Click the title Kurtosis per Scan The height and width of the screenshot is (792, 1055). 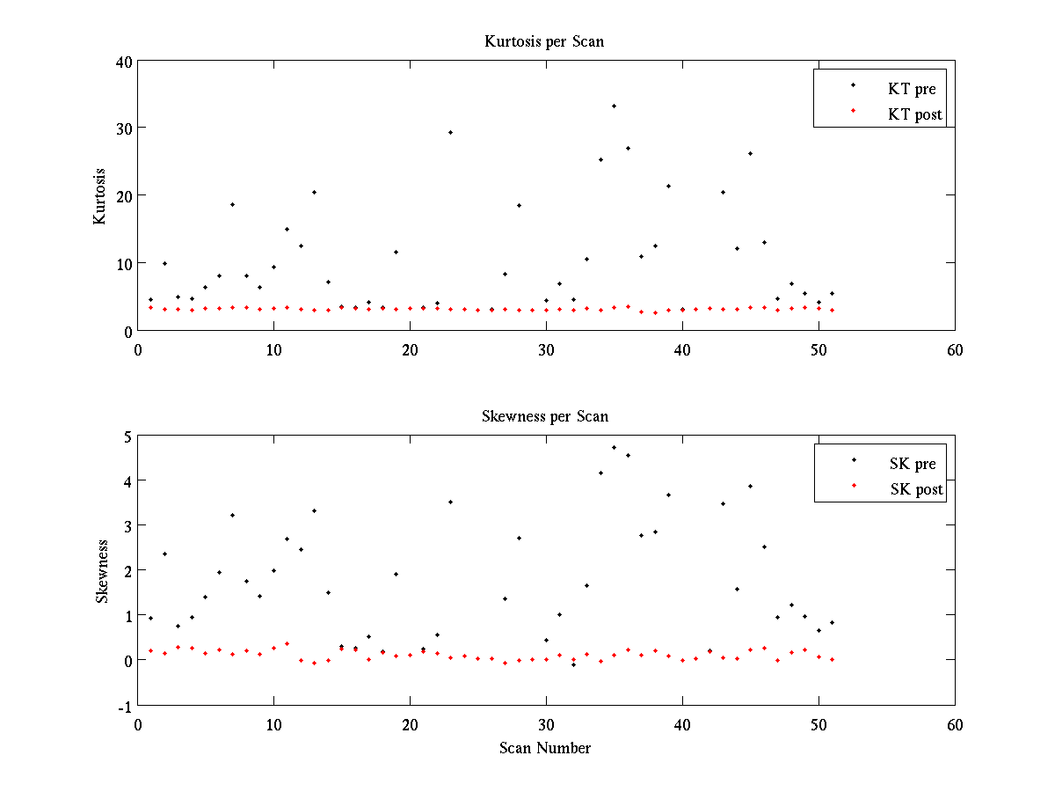pos(544,41)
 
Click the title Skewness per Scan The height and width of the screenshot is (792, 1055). pos(544,416)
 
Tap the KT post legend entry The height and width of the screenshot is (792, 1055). pos(914,114)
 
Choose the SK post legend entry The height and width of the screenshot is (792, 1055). pos(915,489)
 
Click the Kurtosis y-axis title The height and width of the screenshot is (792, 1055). pos(100,196)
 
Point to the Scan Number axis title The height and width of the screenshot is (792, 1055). pos(545,748)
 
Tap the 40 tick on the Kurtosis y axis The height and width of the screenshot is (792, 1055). pos(122,62)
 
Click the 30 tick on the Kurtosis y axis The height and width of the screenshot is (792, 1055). pos(122,128)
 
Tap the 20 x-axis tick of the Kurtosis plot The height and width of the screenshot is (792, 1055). pos(410,349)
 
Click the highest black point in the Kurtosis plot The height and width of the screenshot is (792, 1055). pos(614,106)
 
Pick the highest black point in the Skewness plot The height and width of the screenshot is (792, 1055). pos(614,447)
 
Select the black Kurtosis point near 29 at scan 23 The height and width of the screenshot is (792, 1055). pos(450,132)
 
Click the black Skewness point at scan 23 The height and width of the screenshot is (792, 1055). pos(450,502)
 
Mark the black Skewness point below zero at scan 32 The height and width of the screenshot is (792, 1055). pos(573,664)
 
